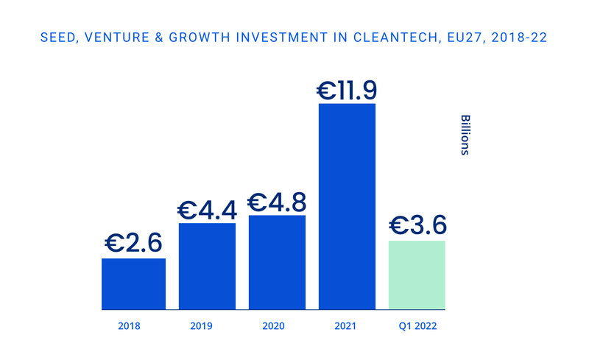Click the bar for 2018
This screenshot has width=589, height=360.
coord(133,283)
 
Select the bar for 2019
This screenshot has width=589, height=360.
coord(207,266)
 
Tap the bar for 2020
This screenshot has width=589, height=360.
coord(276,262)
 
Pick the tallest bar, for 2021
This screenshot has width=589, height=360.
coord(347,206)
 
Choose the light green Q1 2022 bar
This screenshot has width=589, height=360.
coord(417,275)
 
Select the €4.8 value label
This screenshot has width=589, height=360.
coord(277,202)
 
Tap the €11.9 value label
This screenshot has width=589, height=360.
coord(347,90)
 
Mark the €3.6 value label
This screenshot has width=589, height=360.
coord(417,225)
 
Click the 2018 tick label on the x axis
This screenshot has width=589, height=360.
coord(129,325)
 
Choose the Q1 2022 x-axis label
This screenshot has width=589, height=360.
coord(417,325)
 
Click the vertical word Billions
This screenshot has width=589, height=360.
coord(465,135)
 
